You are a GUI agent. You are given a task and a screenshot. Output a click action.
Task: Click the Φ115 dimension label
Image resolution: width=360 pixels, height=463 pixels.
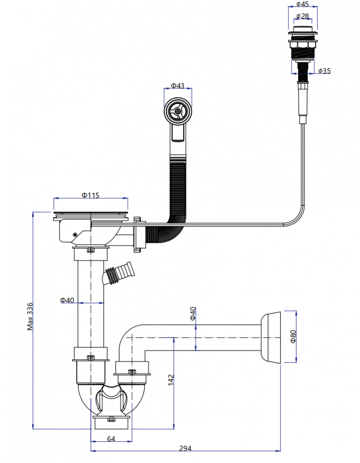[90, 195]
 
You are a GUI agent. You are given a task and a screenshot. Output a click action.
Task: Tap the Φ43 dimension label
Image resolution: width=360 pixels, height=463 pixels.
[177, 86]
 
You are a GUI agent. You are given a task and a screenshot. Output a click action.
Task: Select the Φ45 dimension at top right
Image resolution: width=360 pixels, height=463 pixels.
[302, 5]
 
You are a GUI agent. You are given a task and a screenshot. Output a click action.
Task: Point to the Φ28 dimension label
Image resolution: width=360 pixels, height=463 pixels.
[302, 16]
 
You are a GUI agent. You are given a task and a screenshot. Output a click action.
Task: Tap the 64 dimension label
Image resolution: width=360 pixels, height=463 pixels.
[111, 439]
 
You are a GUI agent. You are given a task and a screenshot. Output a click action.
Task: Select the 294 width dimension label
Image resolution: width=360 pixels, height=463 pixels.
[185, 448]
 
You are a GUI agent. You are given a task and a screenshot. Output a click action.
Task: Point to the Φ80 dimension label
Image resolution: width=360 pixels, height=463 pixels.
[293, 337]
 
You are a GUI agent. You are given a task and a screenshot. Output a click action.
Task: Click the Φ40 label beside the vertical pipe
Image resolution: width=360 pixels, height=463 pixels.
[67, 300]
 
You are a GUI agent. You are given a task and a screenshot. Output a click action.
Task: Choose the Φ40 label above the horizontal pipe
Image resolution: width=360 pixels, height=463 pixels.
[193, 313]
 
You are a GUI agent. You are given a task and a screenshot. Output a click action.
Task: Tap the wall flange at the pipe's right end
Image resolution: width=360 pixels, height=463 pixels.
[271, 337]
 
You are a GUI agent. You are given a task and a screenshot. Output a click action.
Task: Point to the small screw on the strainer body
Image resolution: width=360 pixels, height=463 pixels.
[75, 234]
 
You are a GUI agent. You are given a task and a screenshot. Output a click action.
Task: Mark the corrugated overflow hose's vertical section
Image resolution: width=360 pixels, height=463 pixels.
[178, 188]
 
